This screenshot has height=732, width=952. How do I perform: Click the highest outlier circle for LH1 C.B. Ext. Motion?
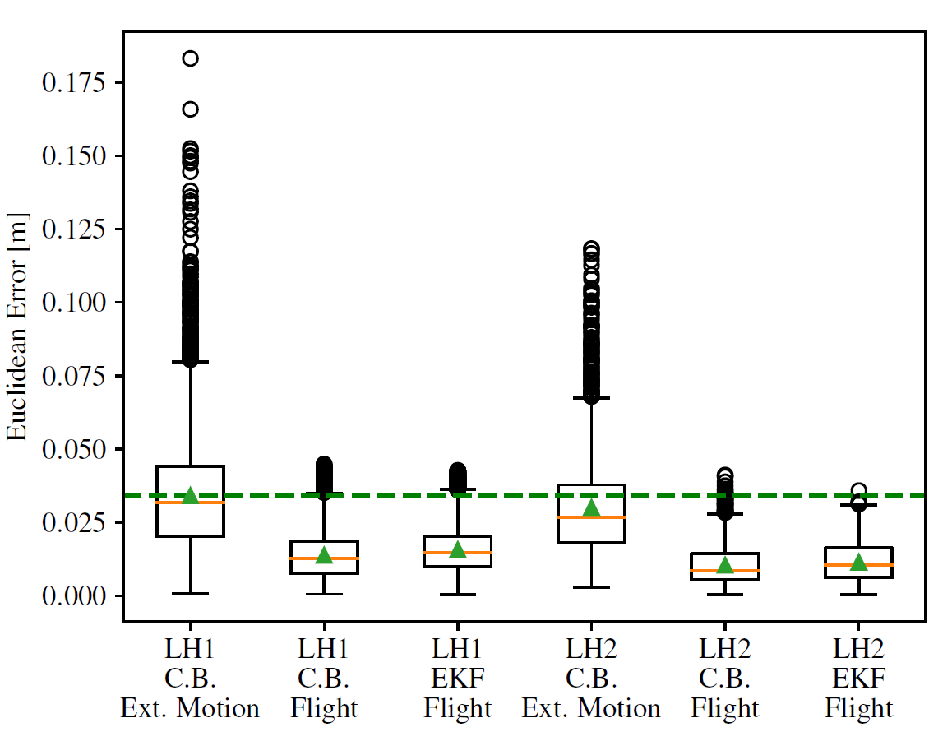pos(190,58)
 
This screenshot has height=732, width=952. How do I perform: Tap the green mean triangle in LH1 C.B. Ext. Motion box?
pos(191,495)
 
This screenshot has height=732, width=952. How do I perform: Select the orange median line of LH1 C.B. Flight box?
pos(324,558)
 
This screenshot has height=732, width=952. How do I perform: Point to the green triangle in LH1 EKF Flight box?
pos(458,549)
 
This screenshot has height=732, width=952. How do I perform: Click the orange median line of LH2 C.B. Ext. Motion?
pos(591,517)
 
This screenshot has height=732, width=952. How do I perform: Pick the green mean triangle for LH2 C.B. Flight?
pos(725,566)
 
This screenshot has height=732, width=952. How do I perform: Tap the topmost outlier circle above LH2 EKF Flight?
pos(858,490)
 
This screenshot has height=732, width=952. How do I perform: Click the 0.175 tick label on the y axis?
pos(73,82)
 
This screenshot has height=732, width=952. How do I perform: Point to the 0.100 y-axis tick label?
pos(73,303)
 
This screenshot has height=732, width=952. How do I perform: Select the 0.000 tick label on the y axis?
pos(73,596)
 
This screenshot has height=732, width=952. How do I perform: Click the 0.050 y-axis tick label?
pos(73,450)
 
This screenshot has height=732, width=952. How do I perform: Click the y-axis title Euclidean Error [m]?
pos(17,327)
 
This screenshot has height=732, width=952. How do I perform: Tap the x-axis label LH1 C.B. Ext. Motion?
pos(190,679)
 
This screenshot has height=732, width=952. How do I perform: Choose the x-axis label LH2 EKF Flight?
pos(858,679)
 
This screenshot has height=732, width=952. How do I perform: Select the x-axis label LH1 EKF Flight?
pos(458,679)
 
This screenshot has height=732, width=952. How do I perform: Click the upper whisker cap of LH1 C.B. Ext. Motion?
pos(190,361)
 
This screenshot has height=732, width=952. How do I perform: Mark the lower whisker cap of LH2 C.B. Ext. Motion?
pos(591,587)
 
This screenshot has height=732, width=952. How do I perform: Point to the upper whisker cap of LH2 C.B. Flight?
pos(725,514)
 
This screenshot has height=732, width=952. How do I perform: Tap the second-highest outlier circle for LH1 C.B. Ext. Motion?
pos(190,109)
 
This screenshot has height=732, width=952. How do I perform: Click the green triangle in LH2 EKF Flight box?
pos(858,562)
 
